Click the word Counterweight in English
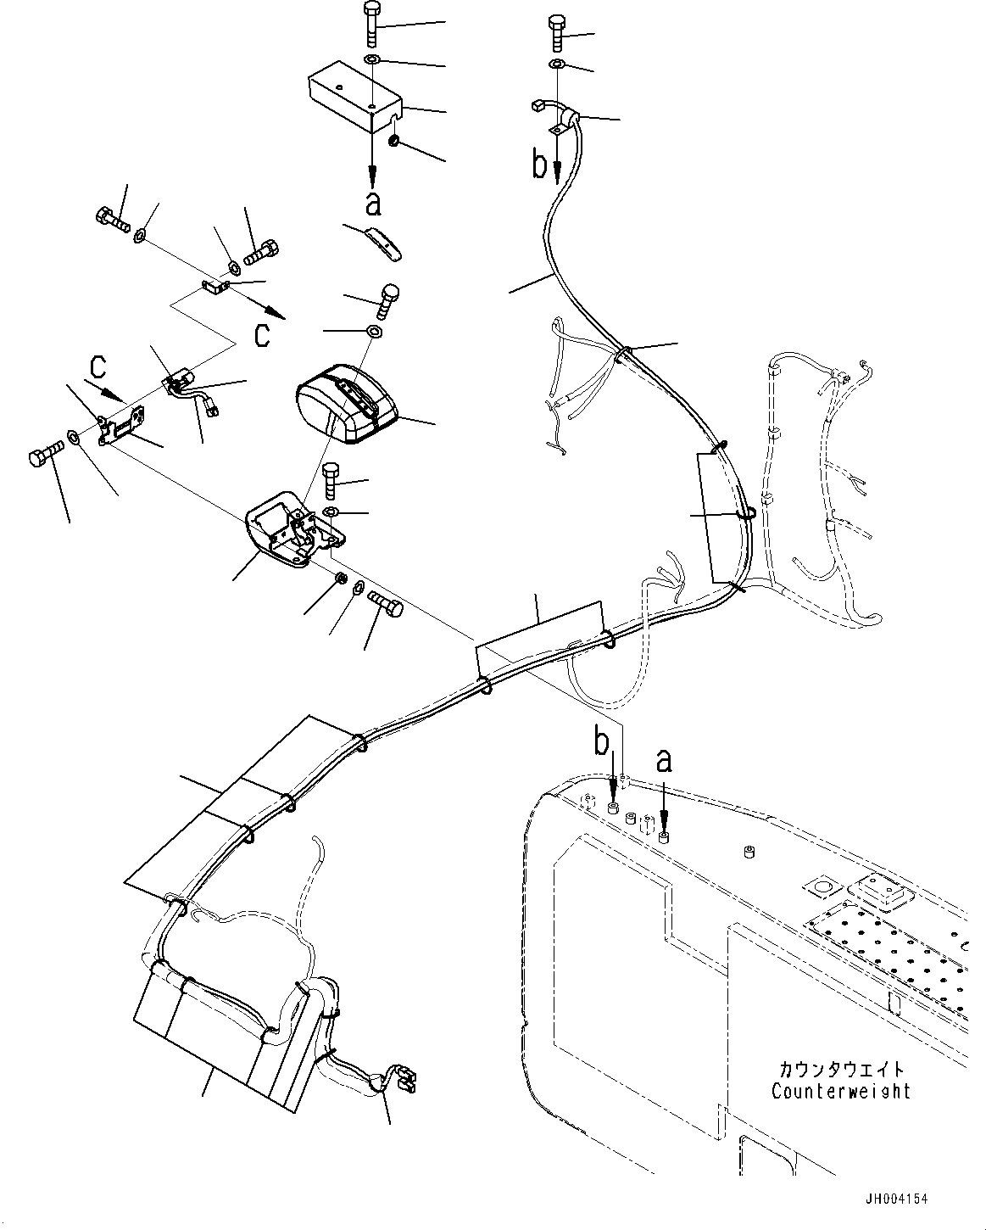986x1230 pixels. [840, 1091]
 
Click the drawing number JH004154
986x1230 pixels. [896, 1199]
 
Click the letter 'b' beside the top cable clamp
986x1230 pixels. [540, 165]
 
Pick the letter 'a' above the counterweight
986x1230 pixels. [664, 760]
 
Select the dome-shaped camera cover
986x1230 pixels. [345, 403]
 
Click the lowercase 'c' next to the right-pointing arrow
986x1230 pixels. [263, 333]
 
